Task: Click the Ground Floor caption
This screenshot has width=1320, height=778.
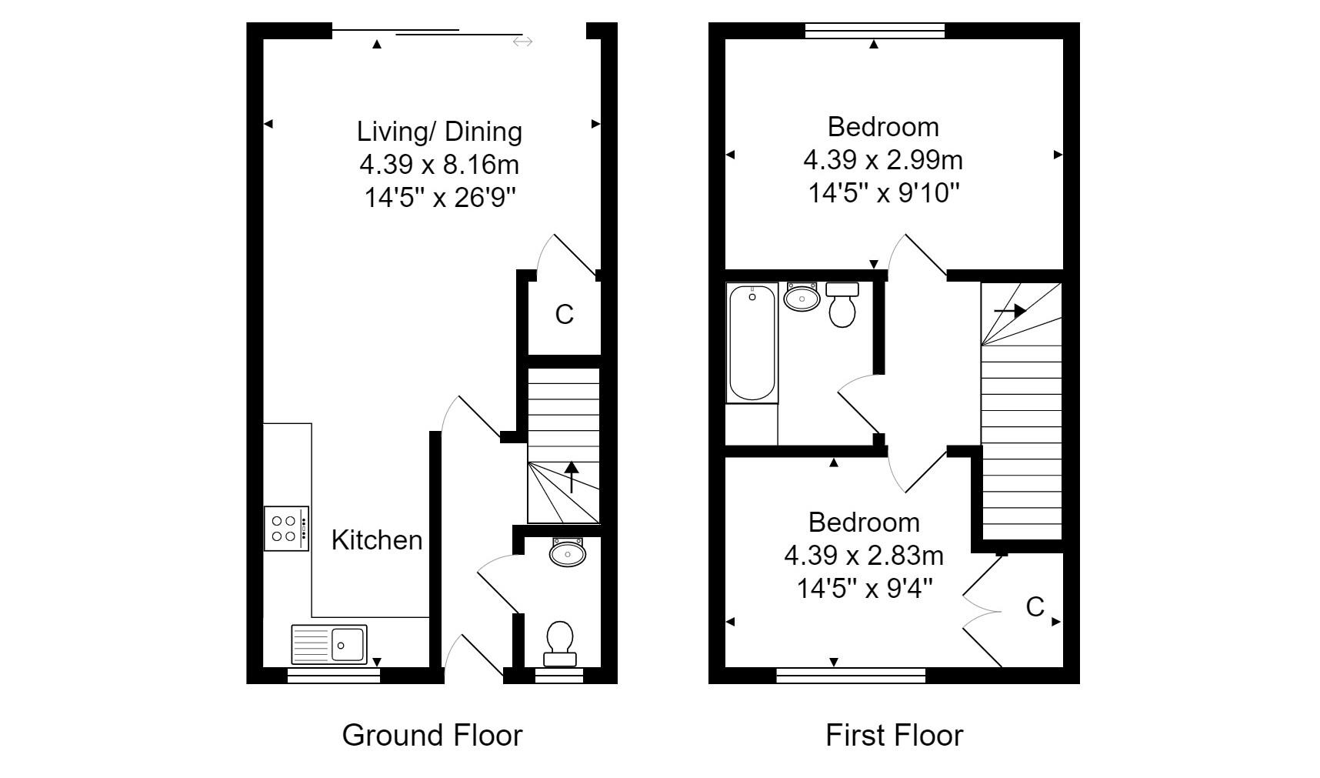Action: click(x=432, y=735)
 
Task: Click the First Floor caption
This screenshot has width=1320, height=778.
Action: click(x=894, y=735)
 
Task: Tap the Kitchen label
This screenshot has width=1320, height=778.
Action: click(x=377, y=540)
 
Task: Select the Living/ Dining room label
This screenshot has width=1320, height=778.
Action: click(x=439, y=132)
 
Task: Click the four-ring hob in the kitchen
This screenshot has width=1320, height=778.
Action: click(x=287, y=528)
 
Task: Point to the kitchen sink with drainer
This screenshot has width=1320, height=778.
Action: click(x=329, y=644)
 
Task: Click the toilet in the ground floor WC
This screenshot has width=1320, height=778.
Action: click(x=559, y=643)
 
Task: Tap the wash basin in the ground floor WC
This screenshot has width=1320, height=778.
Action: click(x=568, y=552)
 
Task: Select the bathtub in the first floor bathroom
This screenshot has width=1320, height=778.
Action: click(x=752, y=342)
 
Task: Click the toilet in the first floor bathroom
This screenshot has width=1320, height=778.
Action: click(x=842, y=304)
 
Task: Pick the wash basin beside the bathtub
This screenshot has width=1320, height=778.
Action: click(x=802, y=297)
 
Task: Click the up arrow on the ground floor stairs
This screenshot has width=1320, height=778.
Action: click(x=571, y=476)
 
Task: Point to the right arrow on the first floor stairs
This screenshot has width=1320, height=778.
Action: click(x=1010, y=311)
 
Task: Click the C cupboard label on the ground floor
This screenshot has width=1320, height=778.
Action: click(x=564, y=315)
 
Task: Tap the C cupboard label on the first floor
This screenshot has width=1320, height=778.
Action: click(x=1035, y=607)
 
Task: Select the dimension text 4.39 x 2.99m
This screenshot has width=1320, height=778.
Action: click(x=883, y=160)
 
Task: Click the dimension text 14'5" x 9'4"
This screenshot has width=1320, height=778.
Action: click(x=865, y=589)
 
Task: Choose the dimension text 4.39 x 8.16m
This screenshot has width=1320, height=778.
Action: click(x=439, y=165)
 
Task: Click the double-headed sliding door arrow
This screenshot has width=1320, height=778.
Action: click(x=522, y=42)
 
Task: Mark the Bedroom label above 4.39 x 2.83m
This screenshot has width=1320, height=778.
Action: click(x=864, y=523)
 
